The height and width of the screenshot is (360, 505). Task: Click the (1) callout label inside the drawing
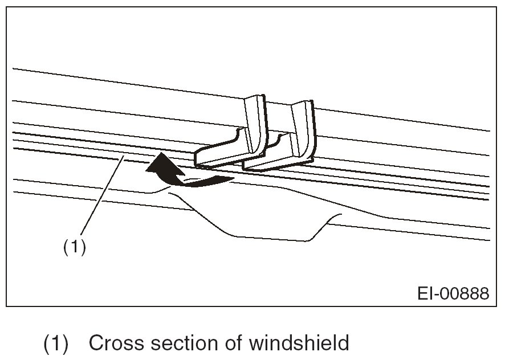[74, 248]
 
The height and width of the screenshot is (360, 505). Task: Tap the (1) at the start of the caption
[56, 343]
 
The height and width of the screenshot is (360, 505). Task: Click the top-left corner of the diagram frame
[7, 7]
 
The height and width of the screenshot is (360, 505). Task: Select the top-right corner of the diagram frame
[496, 7]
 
